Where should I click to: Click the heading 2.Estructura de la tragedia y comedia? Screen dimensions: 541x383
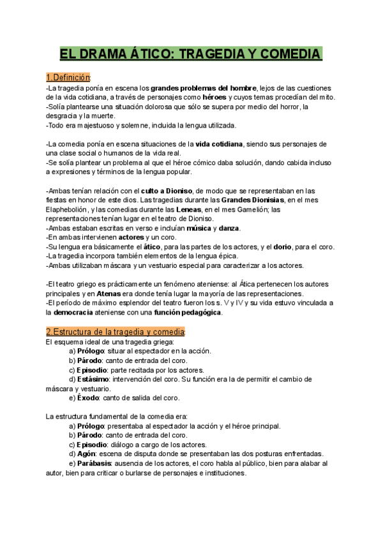[x=116, y=332]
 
